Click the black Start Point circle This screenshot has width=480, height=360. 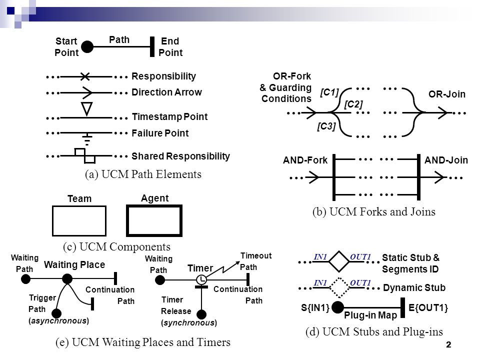(x=87, y=47)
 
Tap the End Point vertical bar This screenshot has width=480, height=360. (x=152, y=47)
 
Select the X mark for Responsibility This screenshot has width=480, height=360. (x=85, y=76)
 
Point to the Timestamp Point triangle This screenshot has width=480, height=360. (x=87, y=109)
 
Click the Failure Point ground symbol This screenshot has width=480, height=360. (x=87, y=139)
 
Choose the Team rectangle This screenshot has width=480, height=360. (x=79, y=221)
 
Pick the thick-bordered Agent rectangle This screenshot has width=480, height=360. (x=154, y=220)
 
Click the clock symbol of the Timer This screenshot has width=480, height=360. (x=201, y=279)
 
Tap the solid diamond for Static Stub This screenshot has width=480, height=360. (x=339, y=261)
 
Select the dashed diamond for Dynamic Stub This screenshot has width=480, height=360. (x=339, y=287)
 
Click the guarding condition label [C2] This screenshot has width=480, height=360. (x=353, y=104)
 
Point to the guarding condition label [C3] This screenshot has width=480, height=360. (x=326, y=126)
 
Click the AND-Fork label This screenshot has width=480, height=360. (x=305, y=160)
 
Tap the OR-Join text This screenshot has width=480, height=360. (x=447, y=94)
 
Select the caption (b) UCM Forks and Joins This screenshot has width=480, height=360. (x=374, y=211)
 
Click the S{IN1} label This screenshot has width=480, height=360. (x=315, y=307)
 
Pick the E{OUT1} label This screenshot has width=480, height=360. (x=428, y=307)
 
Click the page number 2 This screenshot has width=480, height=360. (x=448, y=344)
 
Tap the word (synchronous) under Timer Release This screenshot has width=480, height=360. (x=189, y=322)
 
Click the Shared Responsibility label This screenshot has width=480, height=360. (x=180, y=156)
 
